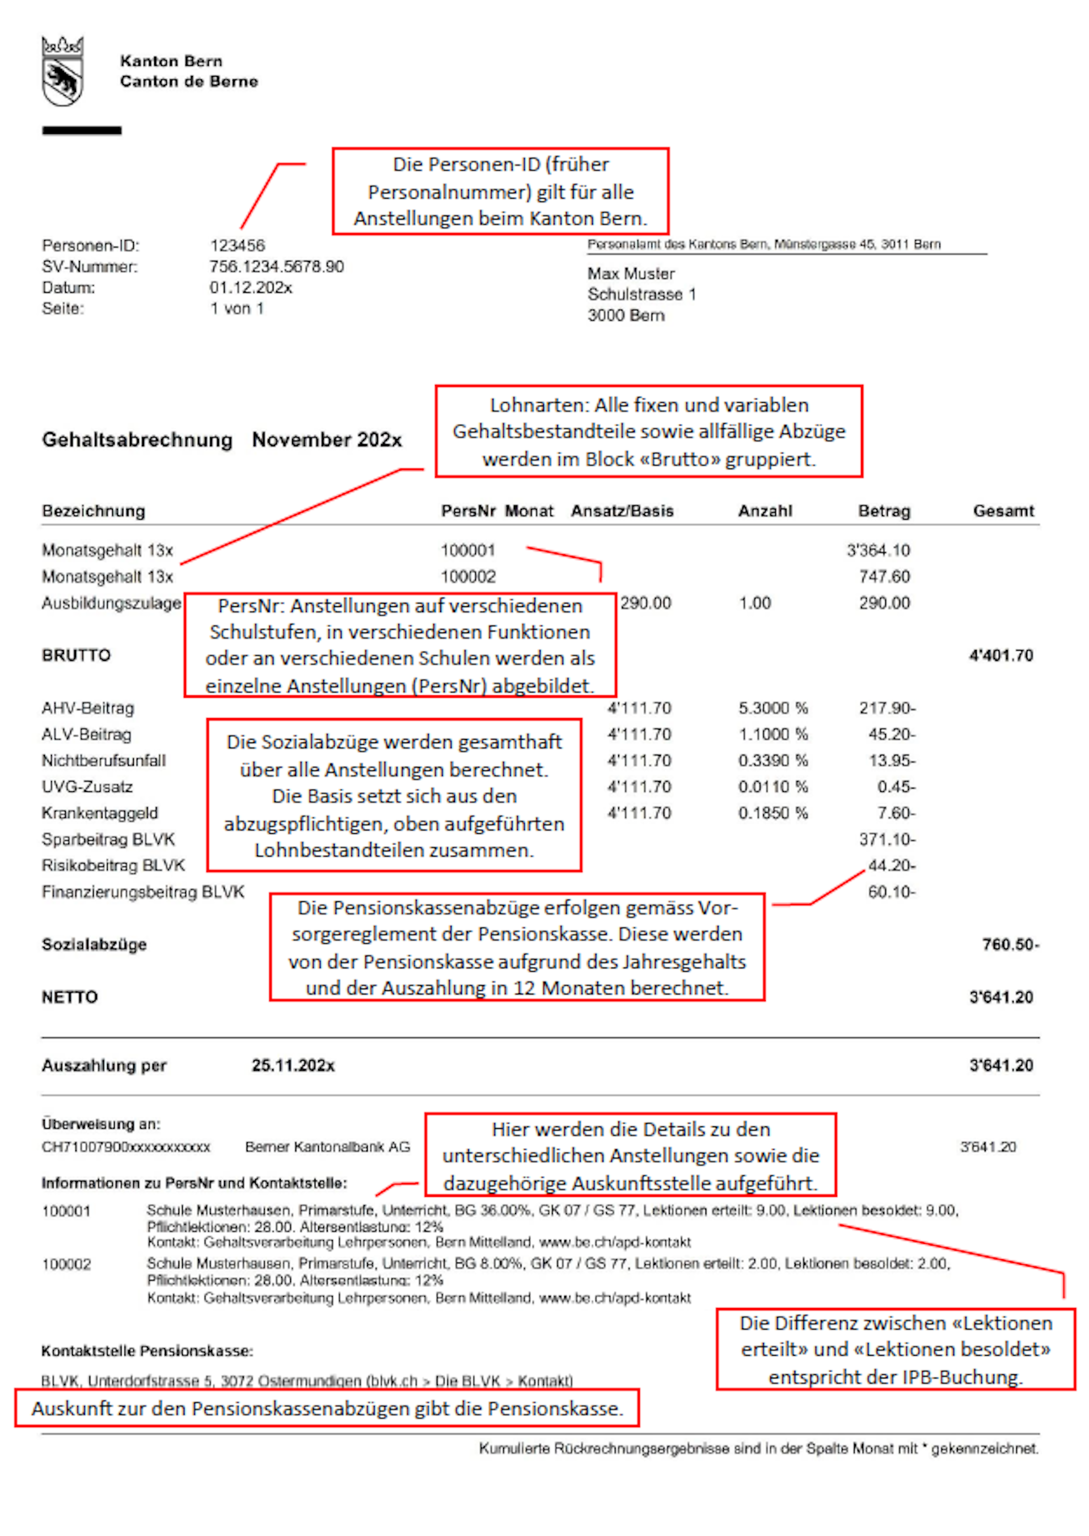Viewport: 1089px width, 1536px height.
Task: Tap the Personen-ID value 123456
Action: coord(238,246)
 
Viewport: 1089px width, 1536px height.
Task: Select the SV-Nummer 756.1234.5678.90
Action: coord(276,267)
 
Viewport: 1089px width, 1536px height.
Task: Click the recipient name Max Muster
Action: coord(630,273)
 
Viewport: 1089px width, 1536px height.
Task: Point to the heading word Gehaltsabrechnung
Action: coord(137,440)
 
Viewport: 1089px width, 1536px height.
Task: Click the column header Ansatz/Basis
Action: coord(622,511)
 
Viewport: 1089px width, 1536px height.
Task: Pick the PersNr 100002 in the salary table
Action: coord(467,577)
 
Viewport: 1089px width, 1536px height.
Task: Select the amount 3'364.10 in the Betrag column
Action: coord(878,550)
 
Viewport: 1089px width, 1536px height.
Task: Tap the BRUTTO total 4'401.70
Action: coord(1001,656)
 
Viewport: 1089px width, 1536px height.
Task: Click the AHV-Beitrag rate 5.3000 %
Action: coord(773,708)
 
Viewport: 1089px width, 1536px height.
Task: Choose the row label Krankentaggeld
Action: coord(100,813)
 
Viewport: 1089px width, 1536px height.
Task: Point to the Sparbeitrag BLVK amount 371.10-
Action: coord(887,839)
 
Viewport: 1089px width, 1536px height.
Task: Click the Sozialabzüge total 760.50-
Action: coord(1010,944)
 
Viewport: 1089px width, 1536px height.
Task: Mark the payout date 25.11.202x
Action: coord(293,1066)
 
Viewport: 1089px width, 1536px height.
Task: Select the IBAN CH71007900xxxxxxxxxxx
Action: coord(126,1147)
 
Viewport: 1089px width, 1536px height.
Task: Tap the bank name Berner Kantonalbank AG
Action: coord(327,1147)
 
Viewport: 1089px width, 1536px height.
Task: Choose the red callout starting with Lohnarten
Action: coord(648,431)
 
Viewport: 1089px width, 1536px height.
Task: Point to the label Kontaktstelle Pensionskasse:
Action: coord(147,1351)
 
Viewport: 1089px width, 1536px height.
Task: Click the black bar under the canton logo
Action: coord(82,130)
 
